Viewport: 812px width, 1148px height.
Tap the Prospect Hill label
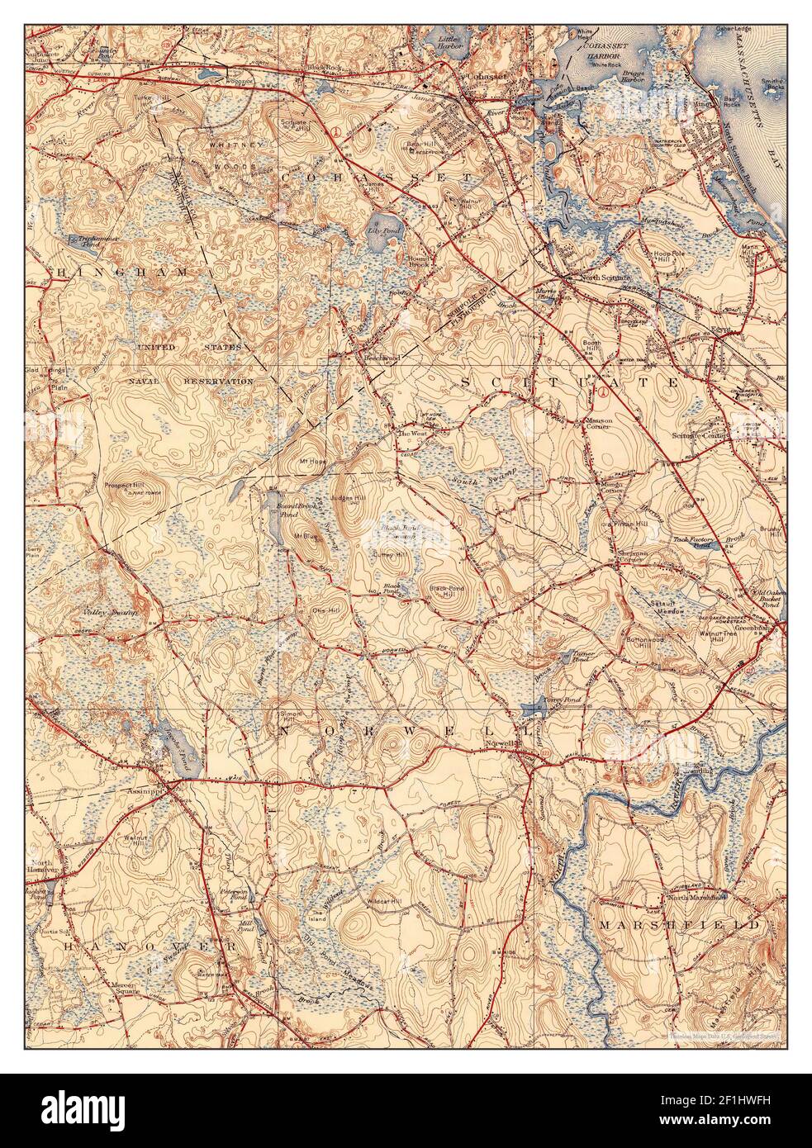click(125, 485)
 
